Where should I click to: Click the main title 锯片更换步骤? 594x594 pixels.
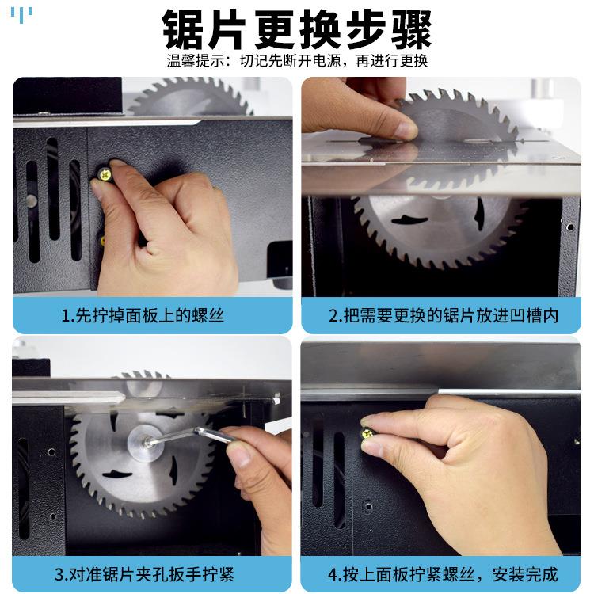(297, 30)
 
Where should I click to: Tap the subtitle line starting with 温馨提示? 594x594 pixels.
(297, 62)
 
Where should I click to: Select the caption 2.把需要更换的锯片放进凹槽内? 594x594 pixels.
(443, 315)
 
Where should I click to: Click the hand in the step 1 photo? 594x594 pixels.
(166, 230)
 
